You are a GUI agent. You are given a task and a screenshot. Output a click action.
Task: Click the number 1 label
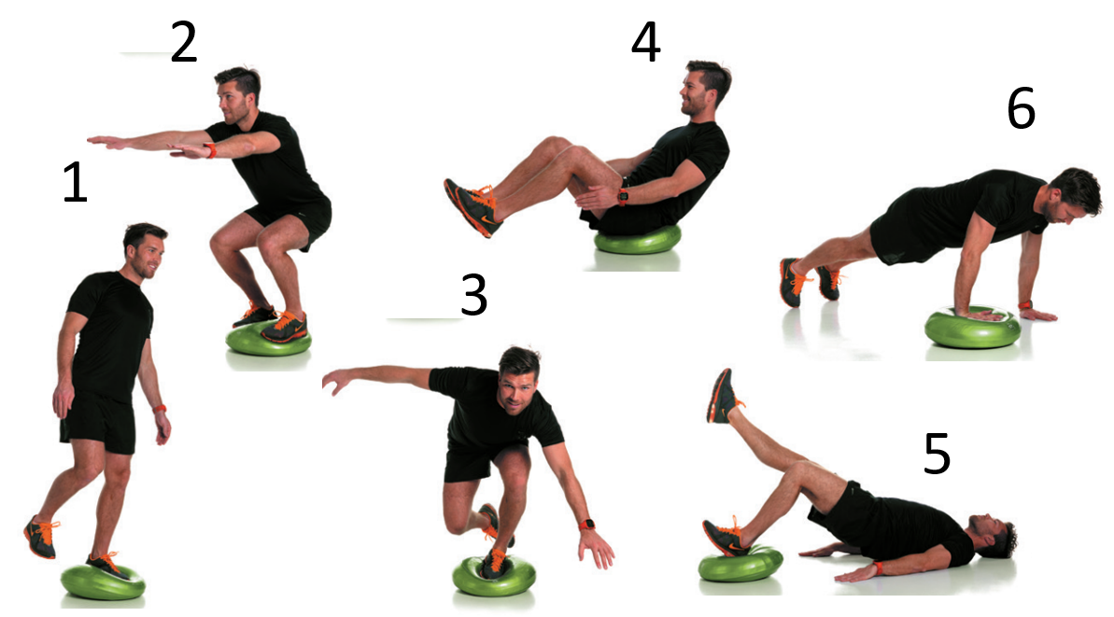[76, 182]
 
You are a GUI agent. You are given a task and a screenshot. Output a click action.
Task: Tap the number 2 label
[183, 43]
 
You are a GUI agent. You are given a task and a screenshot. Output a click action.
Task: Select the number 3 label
[473, 295]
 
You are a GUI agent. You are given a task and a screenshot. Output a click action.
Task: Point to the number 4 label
[645, 42]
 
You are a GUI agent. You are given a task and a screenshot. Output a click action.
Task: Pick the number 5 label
[937, 454]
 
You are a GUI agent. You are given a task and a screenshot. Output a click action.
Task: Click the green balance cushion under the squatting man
[269, 340]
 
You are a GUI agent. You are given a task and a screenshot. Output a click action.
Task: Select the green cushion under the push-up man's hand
[972, 328]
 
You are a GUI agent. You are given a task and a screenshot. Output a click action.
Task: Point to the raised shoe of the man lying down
[722, 396]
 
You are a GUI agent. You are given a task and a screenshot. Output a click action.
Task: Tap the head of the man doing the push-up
[1073, 196]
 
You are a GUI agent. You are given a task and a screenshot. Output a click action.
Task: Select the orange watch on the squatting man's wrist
[210, 150]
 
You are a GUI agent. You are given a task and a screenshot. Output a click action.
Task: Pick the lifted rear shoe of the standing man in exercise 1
[40, 536]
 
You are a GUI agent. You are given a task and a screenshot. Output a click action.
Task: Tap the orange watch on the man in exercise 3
[586, 526]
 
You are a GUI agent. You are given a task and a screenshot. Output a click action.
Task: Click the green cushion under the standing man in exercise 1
[103, 582]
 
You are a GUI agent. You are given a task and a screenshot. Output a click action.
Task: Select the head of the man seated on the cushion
[705, 88]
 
